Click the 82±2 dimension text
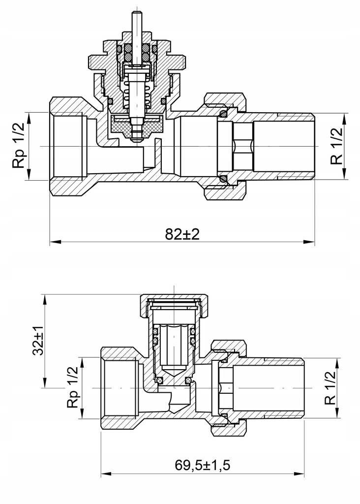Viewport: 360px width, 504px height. tap(182, 234)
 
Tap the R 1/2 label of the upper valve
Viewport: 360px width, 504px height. tap(337, 147)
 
